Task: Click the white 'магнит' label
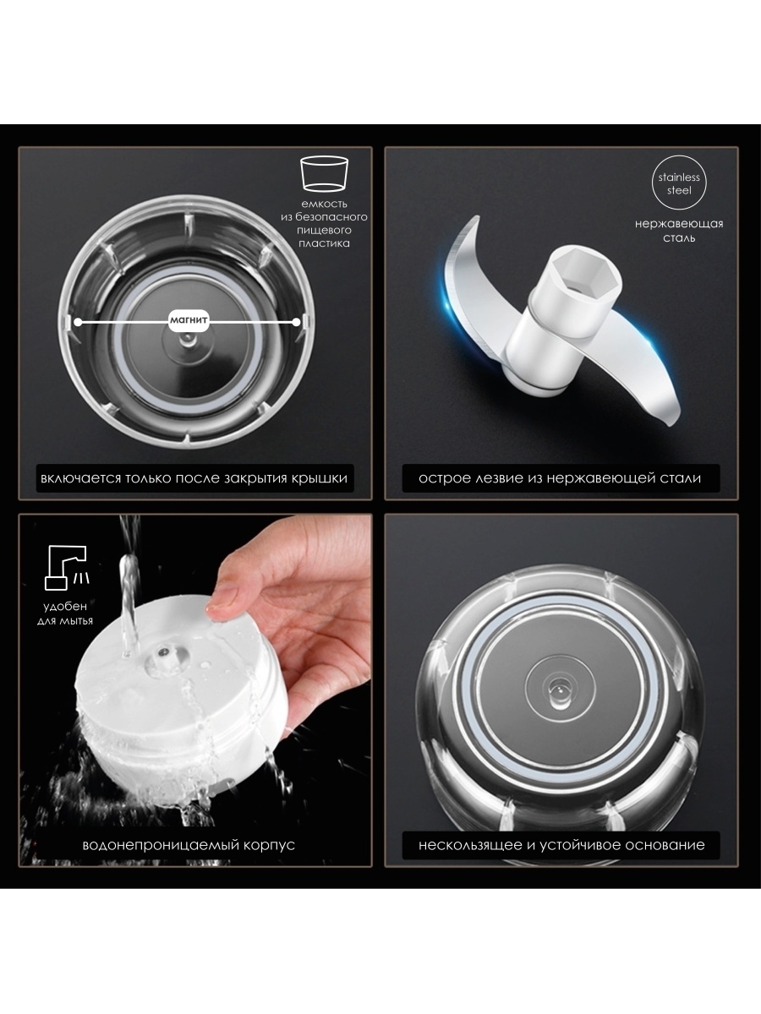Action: coord(189,319)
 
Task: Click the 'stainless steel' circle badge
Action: coord(679,183)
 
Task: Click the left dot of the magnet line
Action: coord(78,323)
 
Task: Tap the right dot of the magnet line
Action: coord(296,323)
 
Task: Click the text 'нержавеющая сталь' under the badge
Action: coord(679,231)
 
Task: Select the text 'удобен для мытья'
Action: coord(65,613)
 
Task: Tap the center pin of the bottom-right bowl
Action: coord(558,690)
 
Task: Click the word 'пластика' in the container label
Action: coord(324,243)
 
